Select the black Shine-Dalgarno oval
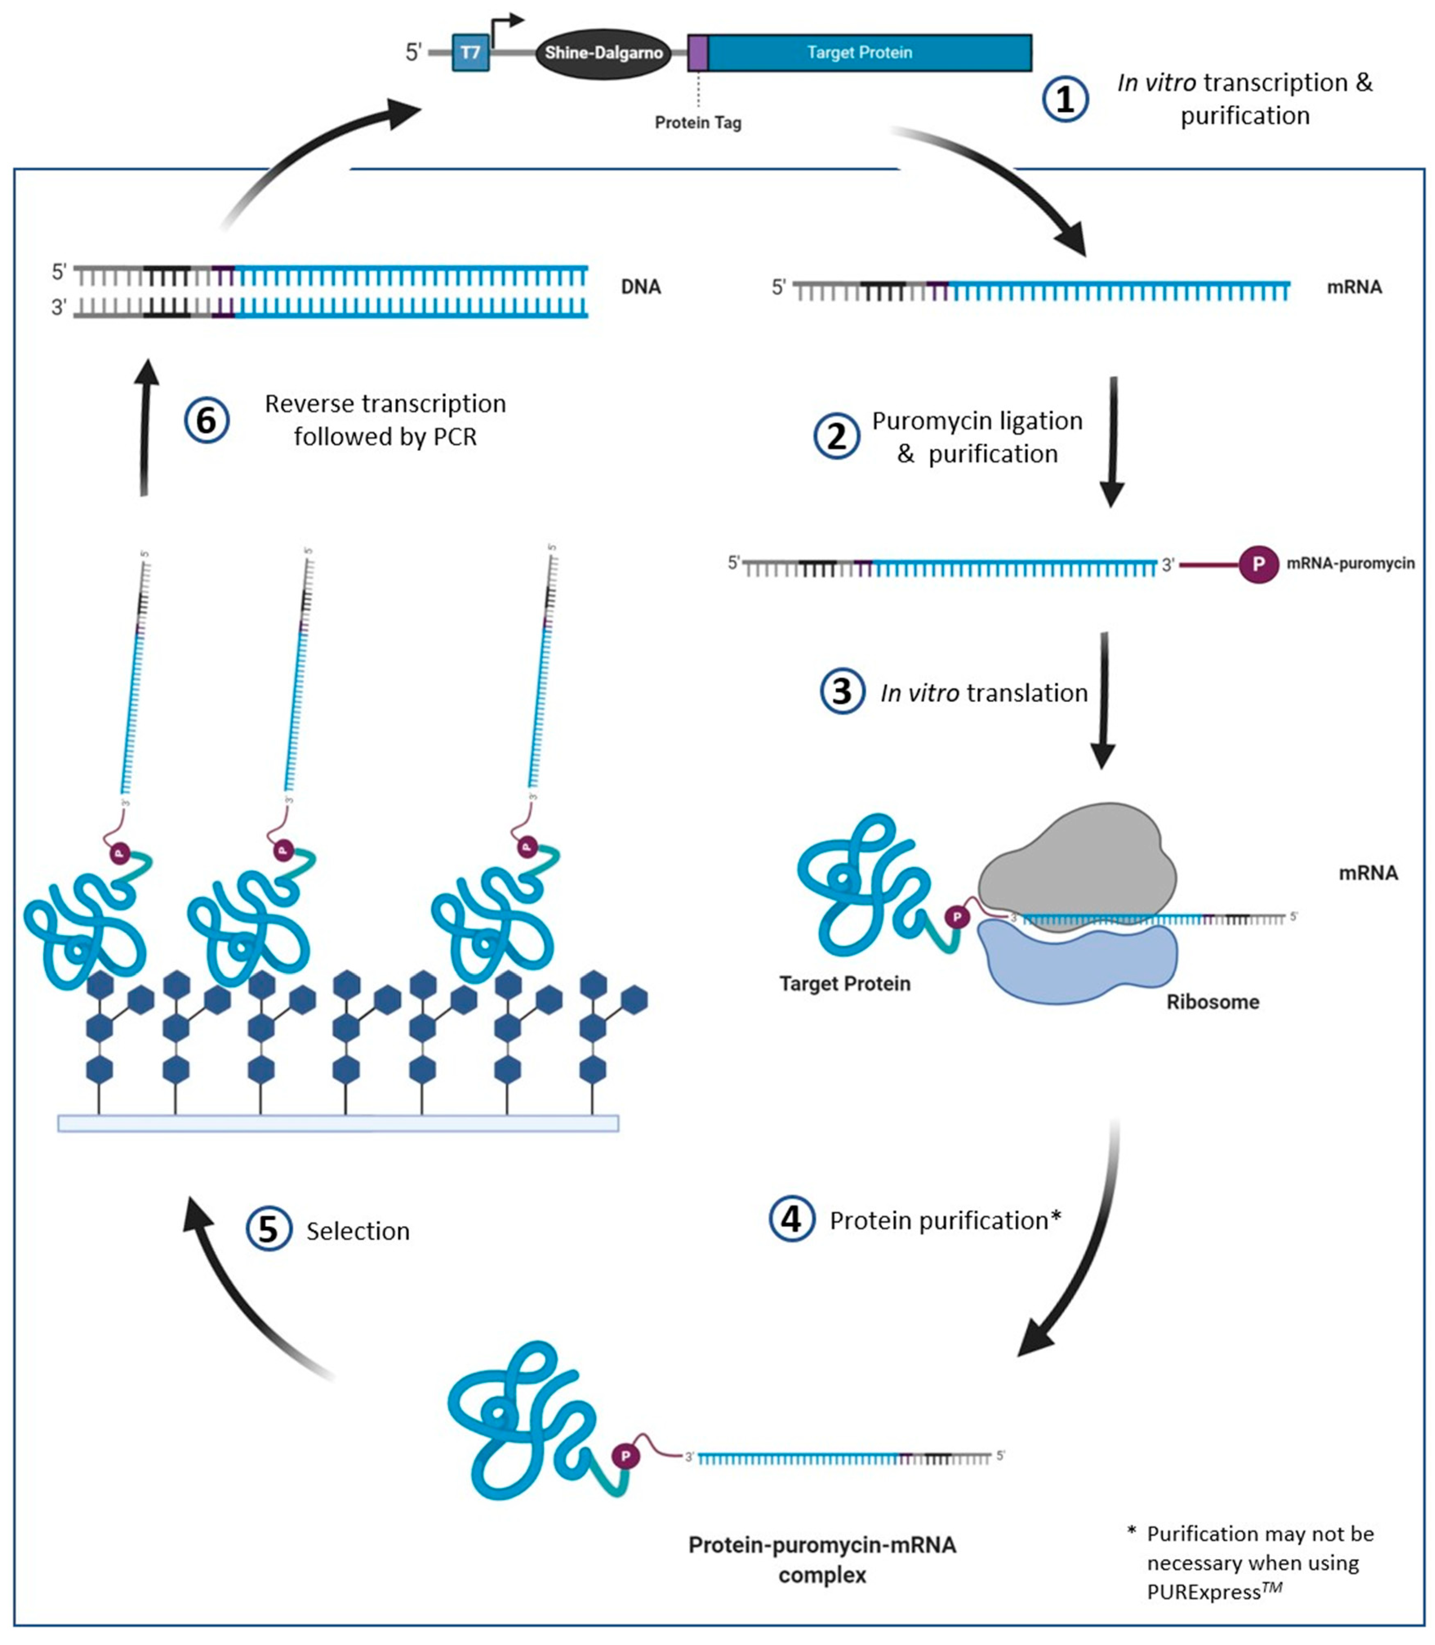(x=603, y=53)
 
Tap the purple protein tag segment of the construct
(x=697, y=53)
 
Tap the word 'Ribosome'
(x=1213, y=1002)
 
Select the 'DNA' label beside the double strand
(x=641, y=287)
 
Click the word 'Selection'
(x=358, y=1231)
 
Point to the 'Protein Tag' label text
(x=697, y=123)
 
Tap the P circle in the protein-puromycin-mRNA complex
(x=625, y=1455)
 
